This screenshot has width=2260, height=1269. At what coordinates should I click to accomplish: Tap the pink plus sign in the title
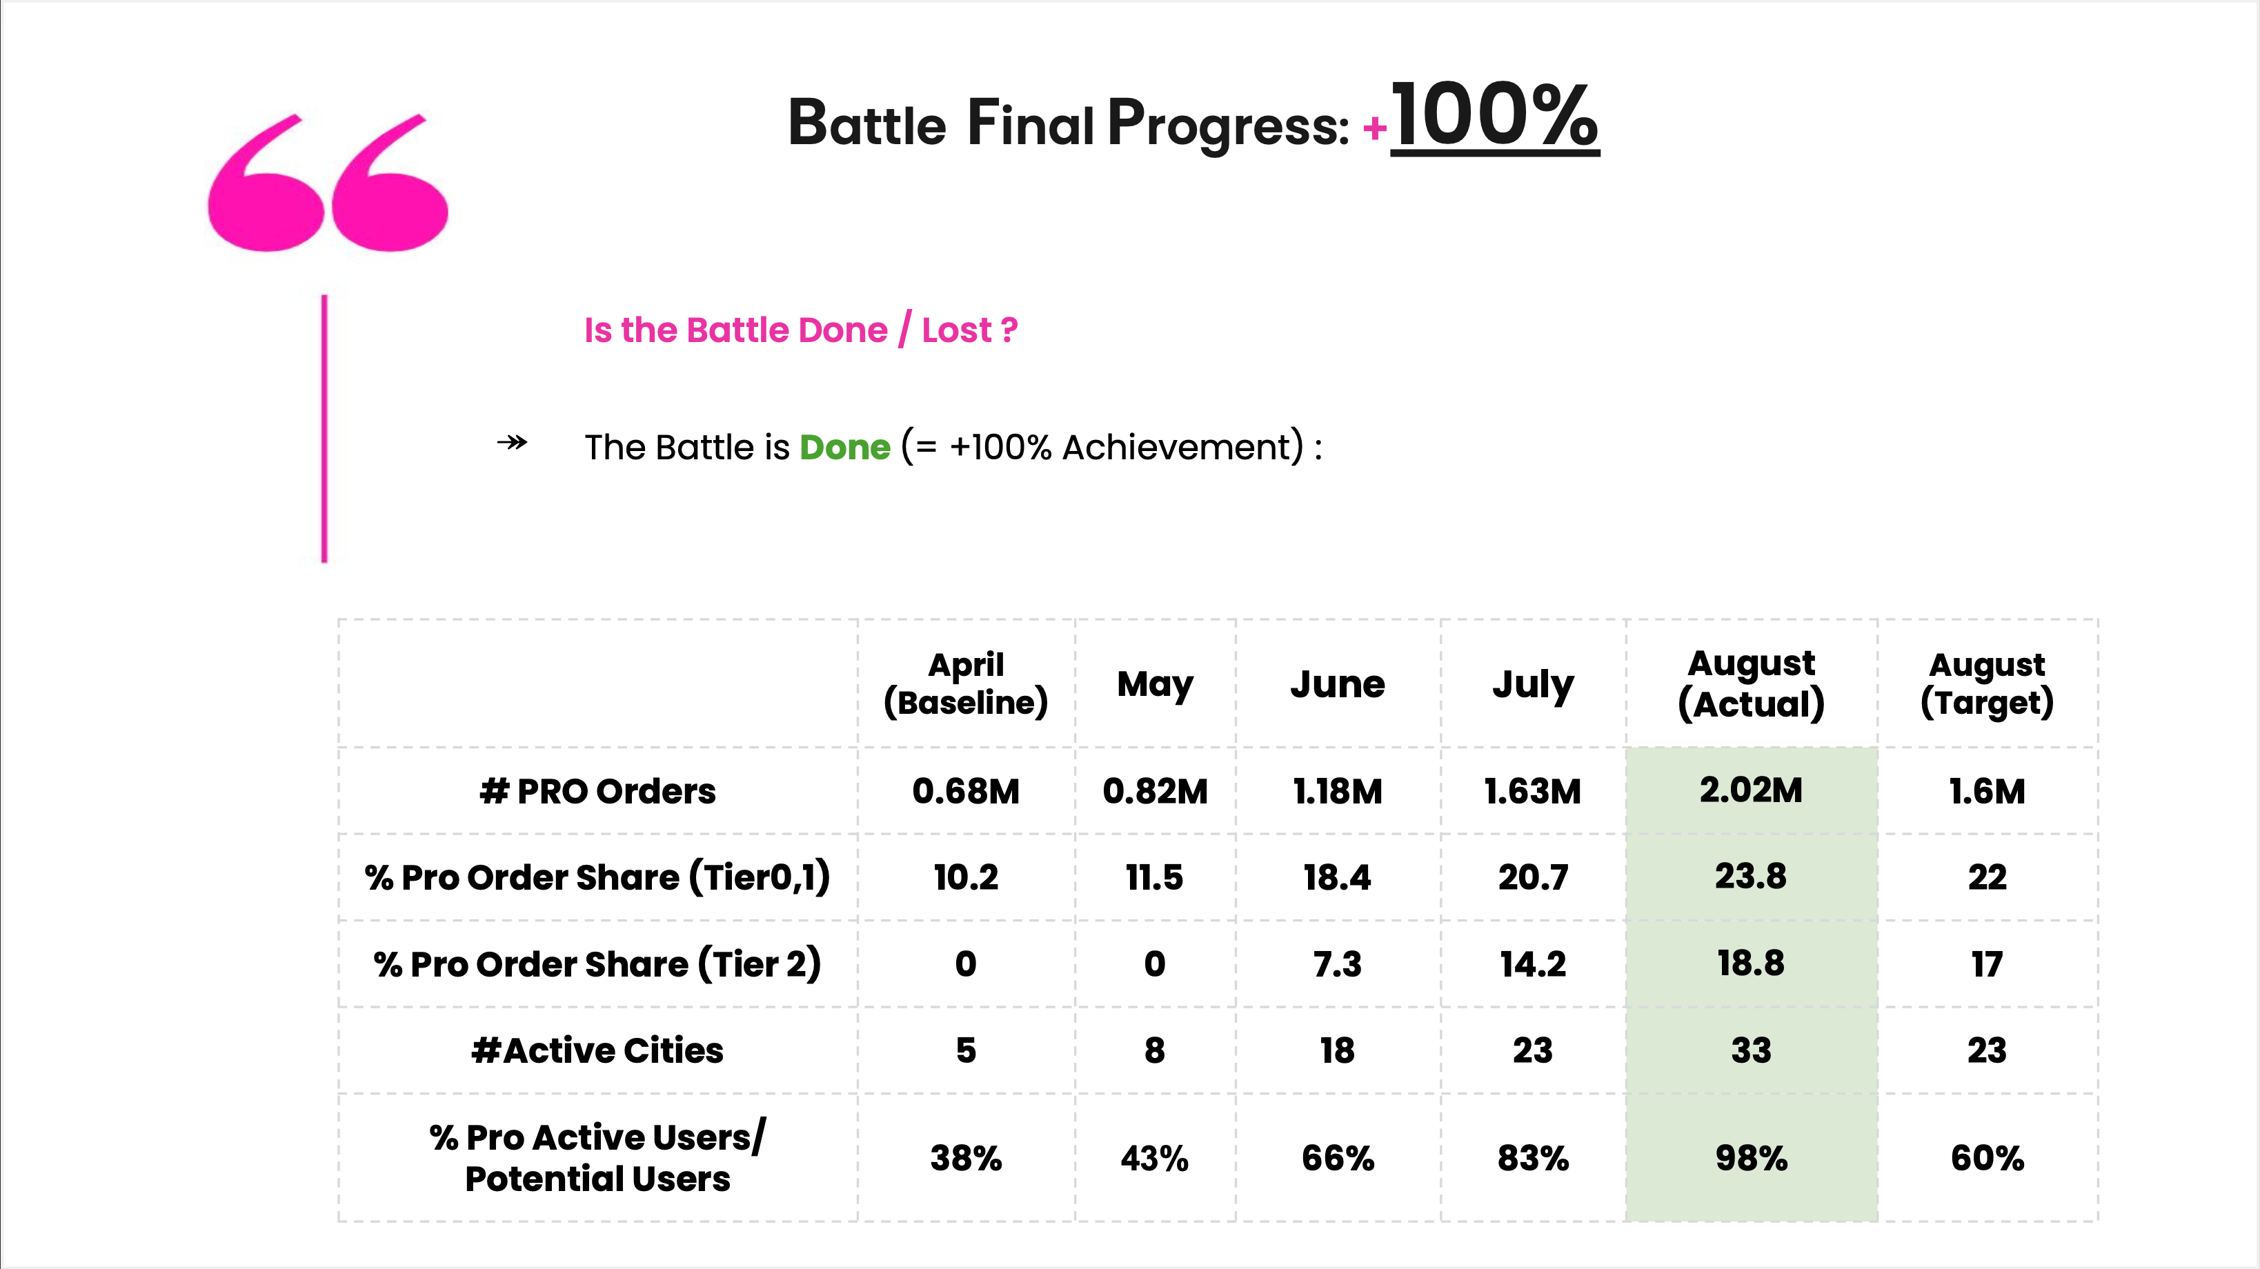coord(1374,129)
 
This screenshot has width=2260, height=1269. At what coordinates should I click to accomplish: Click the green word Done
coord(845,448)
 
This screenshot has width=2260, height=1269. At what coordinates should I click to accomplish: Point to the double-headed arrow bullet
coord(513,442)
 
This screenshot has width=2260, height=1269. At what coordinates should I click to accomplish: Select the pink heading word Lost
coord(956,330)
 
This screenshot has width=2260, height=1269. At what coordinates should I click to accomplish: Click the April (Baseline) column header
coord(966,683)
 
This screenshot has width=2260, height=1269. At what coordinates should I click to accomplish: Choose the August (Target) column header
coord(1987,683)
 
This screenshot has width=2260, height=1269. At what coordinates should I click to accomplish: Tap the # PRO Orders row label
coord(597,791)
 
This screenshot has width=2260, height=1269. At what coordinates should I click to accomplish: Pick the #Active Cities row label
coord(597,1050)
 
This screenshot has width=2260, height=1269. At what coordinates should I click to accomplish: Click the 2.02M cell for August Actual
coord(1751,790)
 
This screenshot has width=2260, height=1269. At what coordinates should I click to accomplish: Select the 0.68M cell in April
coord(966,791)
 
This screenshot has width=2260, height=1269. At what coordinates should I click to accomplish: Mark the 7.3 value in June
coord(1337,963)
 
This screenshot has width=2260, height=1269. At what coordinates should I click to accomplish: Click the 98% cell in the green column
coord(1751,1158)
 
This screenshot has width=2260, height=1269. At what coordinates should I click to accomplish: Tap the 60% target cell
coord(1987,1158)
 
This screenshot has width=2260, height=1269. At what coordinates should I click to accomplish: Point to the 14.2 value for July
coord(1533,963)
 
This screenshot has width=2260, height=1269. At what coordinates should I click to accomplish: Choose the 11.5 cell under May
coord(1155,877)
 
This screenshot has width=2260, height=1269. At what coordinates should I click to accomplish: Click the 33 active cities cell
coord(1751,1050)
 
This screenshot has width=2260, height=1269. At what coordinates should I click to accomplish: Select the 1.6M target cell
coord(1987,791)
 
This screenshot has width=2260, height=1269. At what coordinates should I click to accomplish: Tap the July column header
coord(1533,683)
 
